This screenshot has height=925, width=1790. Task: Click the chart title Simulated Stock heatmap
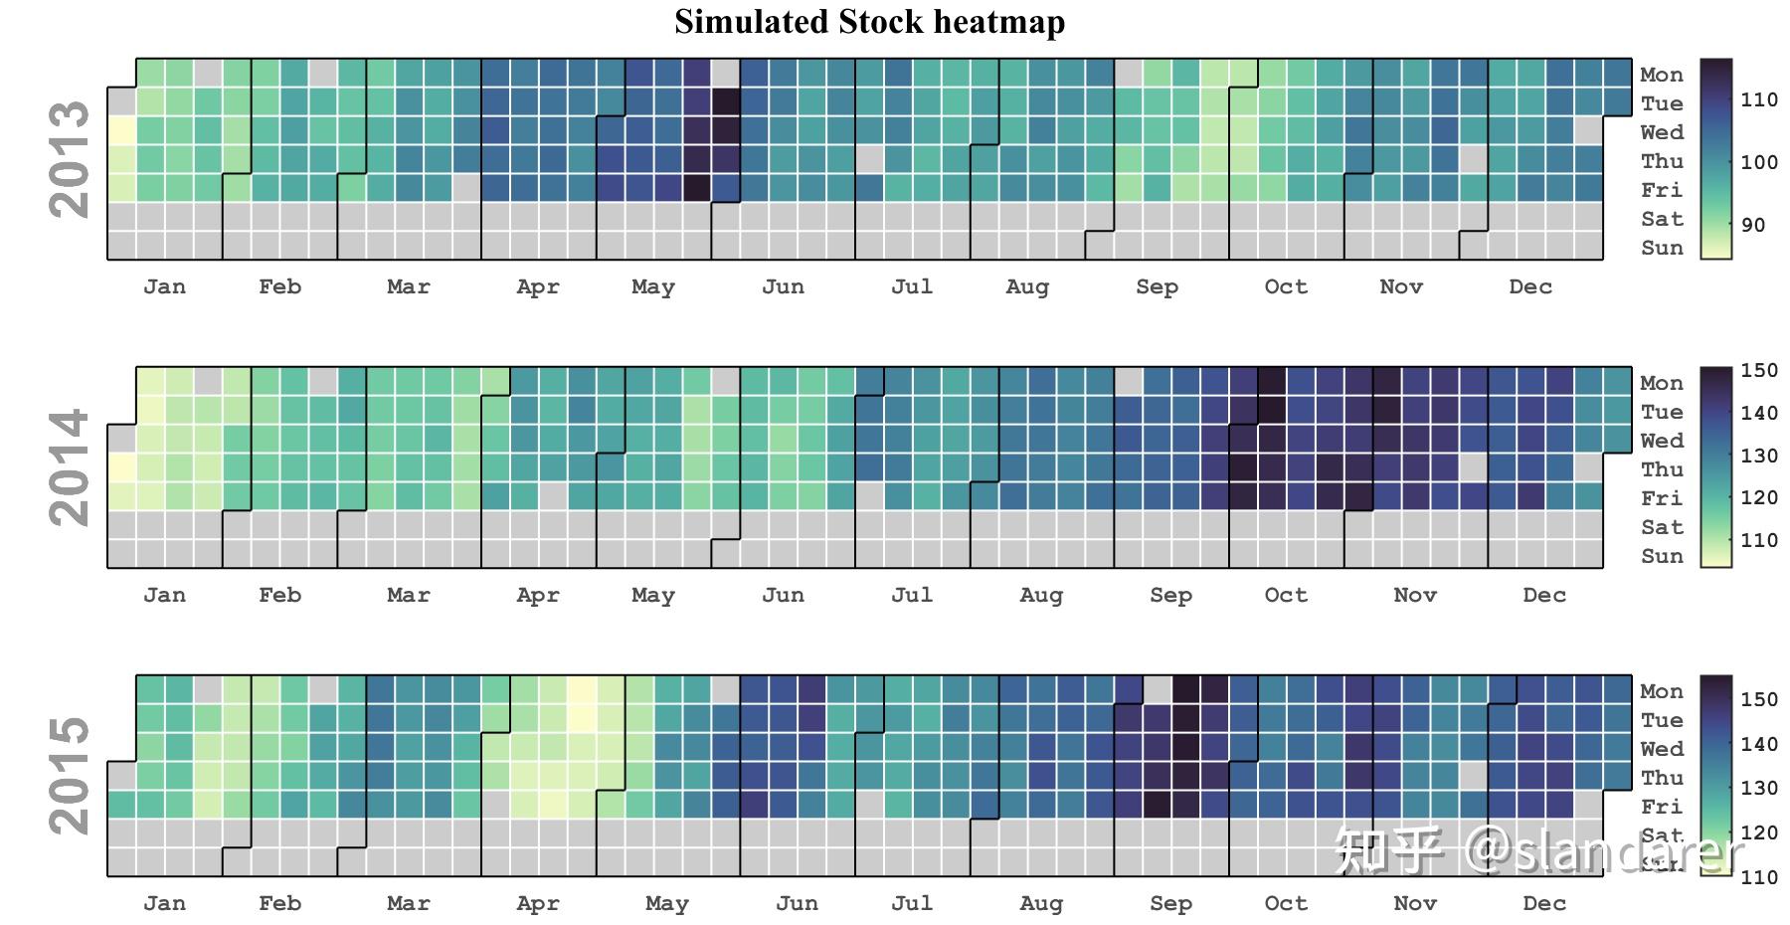869,22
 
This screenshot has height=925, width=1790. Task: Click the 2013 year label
70,159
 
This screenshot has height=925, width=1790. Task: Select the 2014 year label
70,467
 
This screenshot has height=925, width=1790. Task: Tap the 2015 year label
70,776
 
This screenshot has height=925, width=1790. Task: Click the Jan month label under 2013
164,287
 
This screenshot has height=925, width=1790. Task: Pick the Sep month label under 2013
1157,287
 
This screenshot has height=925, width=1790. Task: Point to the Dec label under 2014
1543,596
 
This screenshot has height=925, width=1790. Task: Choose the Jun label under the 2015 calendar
797,904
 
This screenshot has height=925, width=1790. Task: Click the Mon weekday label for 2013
1662,76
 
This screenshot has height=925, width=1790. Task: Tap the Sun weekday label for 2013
1662,249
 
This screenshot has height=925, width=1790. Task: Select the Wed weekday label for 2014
1662,442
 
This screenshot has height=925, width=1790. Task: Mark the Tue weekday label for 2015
1662,721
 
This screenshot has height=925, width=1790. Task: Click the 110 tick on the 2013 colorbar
1758,100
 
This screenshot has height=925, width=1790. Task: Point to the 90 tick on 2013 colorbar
1753,226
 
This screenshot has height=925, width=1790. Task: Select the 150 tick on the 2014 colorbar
1758,371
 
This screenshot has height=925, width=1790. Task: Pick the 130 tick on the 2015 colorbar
1758,789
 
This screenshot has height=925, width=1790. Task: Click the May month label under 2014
652,596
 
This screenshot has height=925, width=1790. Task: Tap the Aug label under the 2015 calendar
1041,904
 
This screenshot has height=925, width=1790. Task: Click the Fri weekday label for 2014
1662,499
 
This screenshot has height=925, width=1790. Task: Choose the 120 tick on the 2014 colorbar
1758,498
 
